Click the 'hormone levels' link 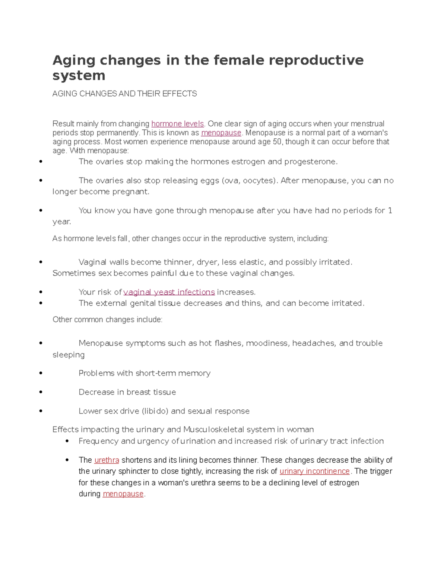pos(177,124)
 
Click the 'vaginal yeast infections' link pos(169,292)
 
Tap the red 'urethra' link pos(107,460)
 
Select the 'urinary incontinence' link pos(314,471)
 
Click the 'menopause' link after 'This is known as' pos(221,133)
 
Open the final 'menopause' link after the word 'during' pos(123,494)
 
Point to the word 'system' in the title pos(79,75)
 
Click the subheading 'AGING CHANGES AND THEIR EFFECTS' pos(124,94)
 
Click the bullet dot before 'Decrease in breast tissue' pos(41,392)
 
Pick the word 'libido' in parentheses pos(155,411)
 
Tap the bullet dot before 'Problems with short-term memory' pos(41,373)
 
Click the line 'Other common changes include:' pos(107,320)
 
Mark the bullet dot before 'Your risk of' pos(41,292)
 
